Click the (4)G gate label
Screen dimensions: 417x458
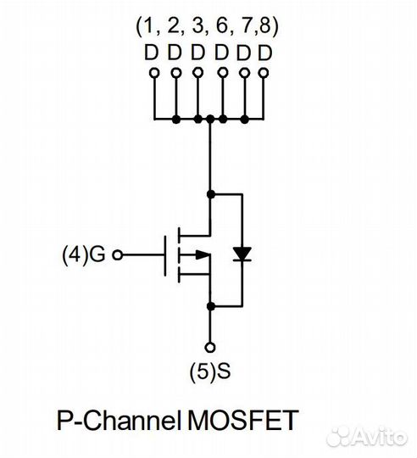point(83,254)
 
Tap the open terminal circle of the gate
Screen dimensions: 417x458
point(118,255)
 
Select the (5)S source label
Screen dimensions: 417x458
point(210,371)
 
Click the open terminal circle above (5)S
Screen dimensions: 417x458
point(210,348)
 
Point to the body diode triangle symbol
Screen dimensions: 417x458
point(242,254)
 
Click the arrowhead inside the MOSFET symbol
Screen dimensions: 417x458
point(203,255)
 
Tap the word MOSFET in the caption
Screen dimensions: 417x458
point(243,421)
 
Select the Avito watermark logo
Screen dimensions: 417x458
point(366,437)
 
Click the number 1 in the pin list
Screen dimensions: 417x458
point(149,26)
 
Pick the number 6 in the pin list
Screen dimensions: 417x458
point(221,26)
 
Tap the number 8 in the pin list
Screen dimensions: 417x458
point(264,26)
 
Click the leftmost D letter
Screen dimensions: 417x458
point(152,53)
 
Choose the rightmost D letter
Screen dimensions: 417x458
point(265,53)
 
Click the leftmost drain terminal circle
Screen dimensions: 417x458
point(154,73)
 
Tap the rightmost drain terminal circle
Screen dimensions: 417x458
point(264,73)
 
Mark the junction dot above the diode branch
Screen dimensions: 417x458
point(210,194)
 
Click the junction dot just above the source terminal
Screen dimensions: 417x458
point(210,306)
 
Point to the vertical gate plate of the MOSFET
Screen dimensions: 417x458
point(165,255)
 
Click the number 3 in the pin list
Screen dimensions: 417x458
point(197,26)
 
